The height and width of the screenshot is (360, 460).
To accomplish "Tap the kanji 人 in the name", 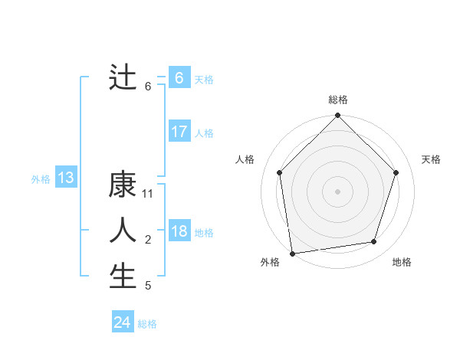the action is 123,231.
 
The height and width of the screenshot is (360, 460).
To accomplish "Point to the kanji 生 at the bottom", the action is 123,277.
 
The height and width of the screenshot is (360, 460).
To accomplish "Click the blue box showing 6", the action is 179,77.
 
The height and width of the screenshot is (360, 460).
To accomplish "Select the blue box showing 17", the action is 179,132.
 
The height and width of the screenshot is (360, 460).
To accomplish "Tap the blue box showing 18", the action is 179,231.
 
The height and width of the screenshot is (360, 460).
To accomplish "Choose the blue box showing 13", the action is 66,178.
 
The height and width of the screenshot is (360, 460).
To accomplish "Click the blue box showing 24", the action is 123,322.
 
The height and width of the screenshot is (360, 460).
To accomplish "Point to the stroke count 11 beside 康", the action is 148,195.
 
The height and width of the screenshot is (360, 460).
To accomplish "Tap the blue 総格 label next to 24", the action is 147,324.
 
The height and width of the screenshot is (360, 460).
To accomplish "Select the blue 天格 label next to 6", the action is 204,79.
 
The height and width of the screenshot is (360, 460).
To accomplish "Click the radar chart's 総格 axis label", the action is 338,100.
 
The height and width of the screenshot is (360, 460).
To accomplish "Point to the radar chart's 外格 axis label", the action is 270,262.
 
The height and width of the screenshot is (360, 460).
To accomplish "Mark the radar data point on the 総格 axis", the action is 338,116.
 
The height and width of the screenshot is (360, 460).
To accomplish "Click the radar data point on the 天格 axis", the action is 396,172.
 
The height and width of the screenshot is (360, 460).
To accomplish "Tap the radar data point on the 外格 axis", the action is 292,253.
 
